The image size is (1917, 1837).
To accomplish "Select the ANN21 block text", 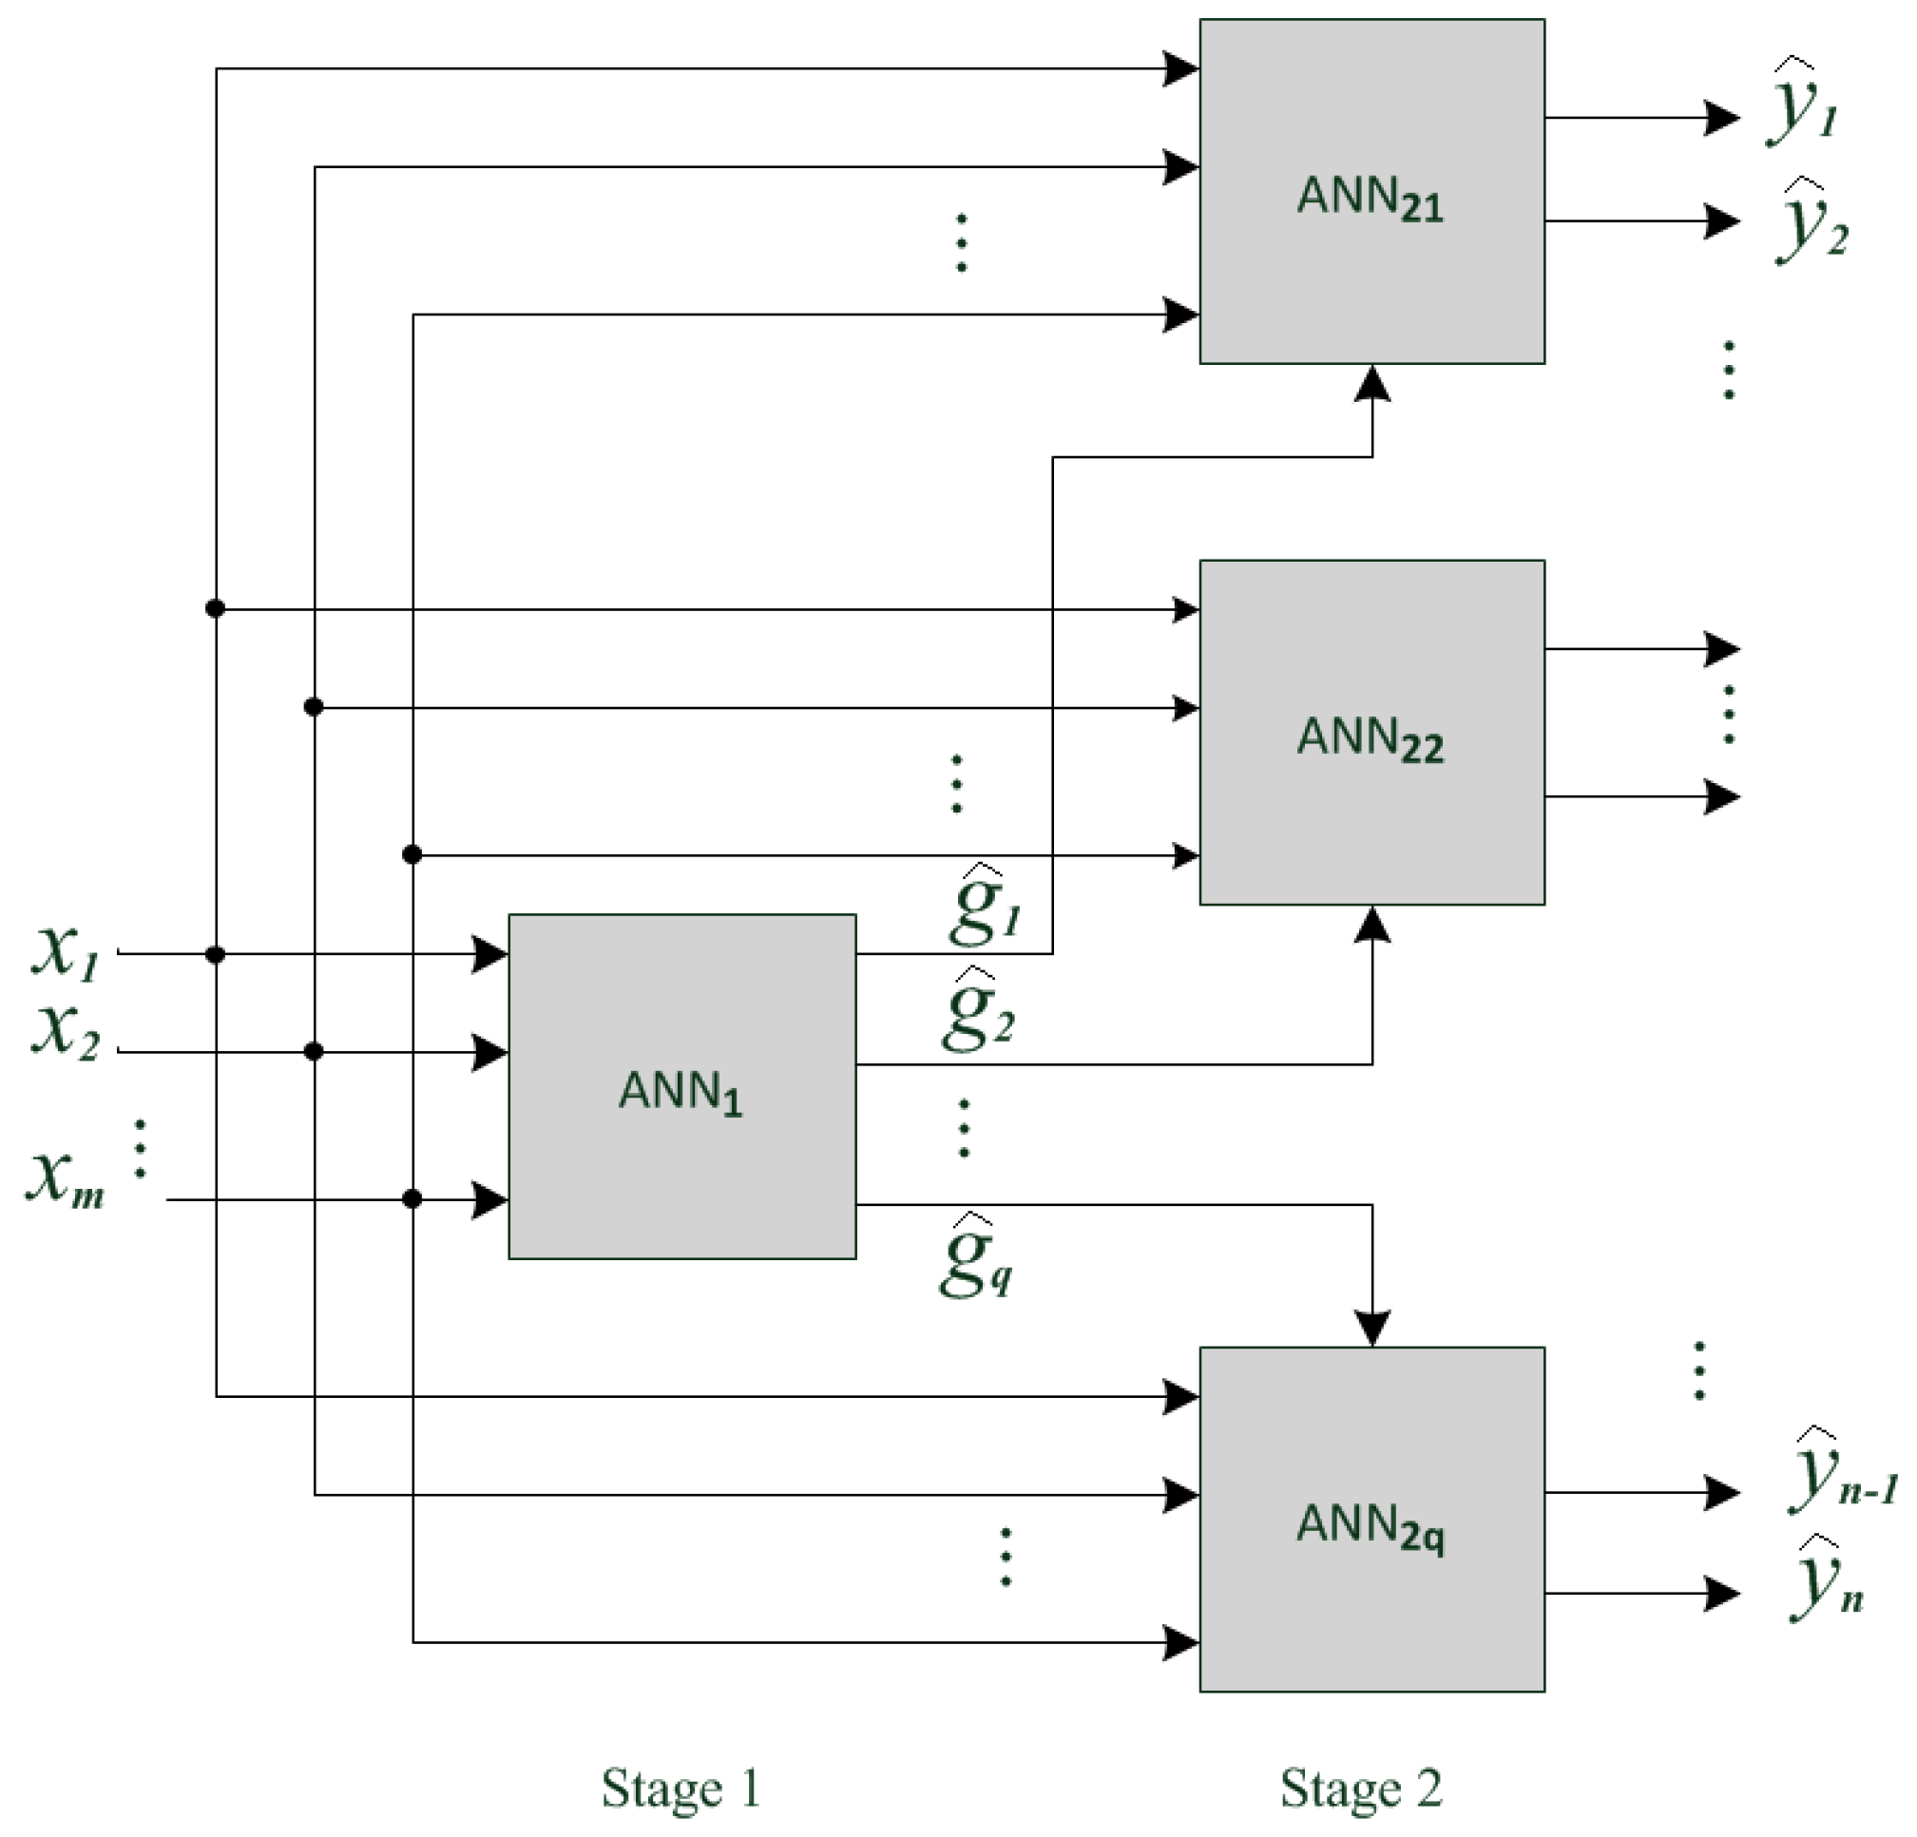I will click(1370, 200).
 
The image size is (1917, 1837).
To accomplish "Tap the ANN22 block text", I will click(1370, 739).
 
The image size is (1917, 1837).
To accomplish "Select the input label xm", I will click(65, 1179).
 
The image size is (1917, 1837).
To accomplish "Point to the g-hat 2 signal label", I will click(979, 1012).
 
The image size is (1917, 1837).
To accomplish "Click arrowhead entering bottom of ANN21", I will click(1372, 383).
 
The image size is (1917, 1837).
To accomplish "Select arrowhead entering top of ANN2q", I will click(1372, 1329).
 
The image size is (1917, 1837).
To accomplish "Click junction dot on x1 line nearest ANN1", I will click(215, 954).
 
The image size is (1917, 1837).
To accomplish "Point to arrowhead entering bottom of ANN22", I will click(1372, 925).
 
